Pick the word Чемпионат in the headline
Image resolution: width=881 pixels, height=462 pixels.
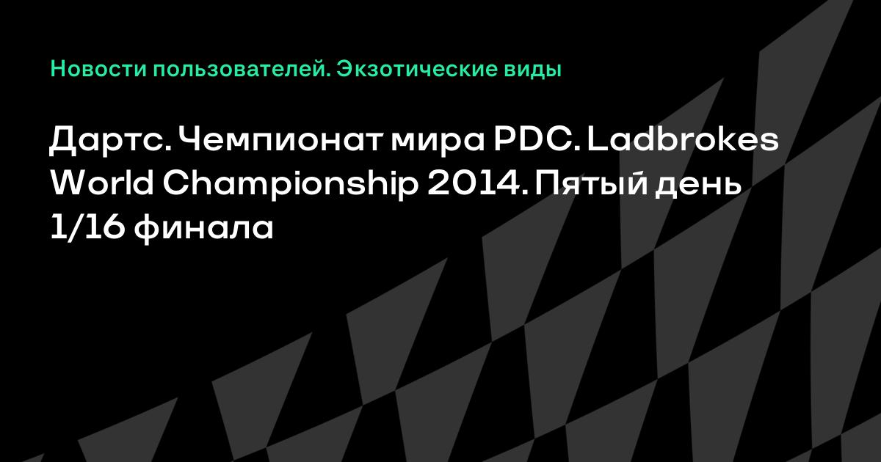pos(280,140)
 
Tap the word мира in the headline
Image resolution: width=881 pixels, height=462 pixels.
pos(438,142)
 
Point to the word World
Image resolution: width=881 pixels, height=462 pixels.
pos(102,183)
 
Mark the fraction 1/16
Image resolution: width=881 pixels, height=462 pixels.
pos(87,228)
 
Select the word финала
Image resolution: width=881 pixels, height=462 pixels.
pos(203,230)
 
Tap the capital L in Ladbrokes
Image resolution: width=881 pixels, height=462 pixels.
pos(597,140)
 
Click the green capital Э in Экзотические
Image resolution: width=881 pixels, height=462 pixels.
pos(344,70)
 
